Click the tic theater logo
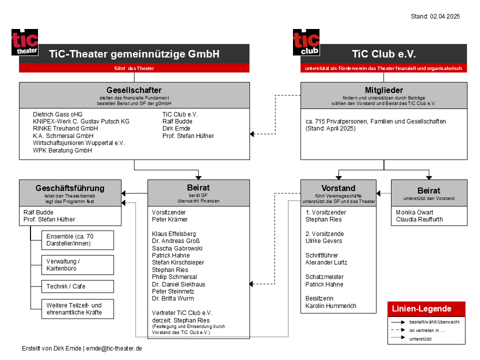pos(25,42)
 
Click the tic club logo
pos(306,42)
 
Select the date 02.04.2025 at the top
pos(445,16)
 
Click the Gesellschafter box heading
pos(134,90)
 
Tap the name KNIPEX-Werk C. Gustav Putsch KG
pos(81,121)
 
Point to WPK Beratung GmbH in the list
pos(62,150)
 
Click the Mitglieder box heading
pos(384,90)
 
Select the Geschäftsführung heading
pos(70,188)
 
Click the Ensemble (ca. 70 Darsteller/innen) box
pos(78,240)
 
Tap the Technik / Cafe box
pos(78,286)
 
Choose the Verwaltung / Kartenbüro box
pos(78,265)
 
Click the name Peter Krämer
pos(169,219)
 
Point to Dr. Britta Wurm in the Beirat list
pos(173,298)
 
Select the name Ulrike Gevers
pos(324,241)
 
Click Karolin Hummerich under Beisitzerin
pos(331,306)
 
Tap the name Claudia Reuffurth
pos(419,219)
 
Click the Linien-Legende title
pos(421,308)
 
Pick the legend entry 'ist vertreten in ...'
pos(427,330)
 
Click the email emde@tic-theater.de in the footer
pos(114,348)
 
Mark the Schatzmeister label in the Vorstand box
pos(324,277)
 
